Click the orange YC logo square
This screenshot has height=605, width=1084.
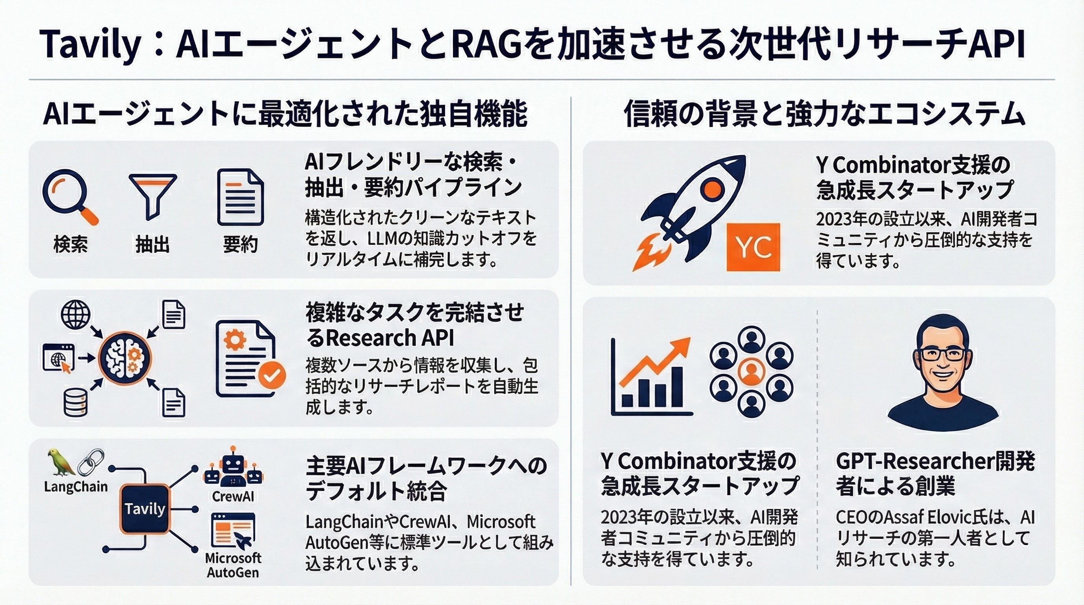[753, 247]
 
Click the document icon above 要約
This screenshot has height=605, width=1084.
[241, 197]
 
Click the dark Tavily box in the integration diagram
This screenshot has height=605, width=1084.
[145, 508]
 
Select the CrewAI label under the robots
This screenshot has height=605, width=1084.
[233, 496]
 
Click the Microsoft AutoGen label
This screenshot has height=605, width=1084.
[233, 565]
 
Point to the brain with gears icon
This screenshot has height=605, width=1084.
[125, 358]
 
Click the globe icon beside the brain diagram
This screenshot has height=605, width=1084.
[76, 314]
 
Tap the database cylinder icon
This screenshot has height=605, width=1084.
[76, 402]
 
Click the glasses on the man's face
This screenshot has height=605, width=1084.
[943, 354]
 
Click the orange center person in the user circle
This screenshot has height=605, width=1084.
[751, 371]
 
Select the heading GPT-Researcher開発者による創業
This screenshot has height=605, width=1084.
[935, 474]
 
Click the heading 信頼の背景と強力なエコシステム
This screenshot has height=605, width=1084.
[824, 113]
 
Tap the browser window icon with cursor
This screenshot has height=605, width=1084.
[58, 358]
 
